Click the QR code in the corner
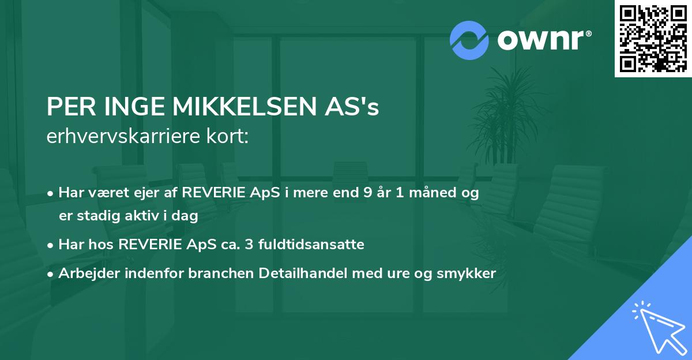653,38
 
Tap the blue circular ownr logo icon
469,40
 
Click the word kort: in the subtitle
230,137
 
